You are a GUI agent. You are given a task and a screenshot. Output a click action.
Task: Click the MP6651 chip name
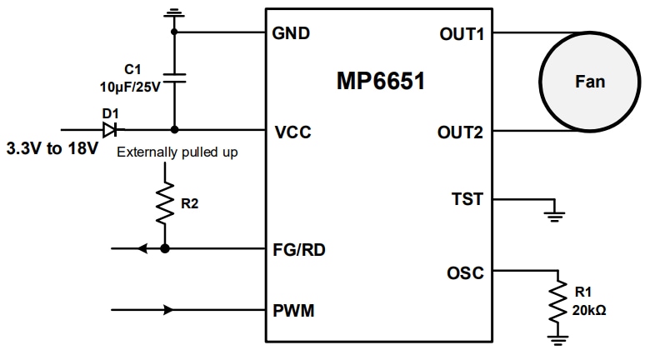[380, 82]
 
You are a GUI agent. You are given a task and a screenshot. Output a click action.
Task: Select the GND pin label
[291, 33]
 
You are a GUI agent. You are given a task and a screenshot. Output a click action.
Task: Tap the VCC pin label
[291, 131]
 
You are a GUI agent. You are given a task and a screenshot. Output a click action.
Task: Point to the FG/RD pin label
[300, 248]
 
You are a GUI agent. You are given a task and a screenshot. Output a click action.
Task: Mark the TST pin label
[467, 200]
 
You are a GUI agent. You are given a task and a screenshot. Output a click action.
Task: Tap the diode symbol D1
[109, 129]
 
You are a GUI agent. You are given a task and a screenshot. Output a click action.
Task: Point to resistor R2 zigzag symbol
[165, 203]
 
